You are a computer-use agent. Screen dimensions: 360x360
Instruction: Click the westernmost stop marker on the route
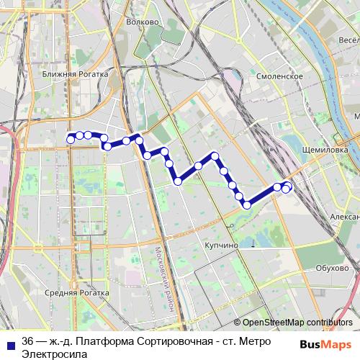click(71, 138)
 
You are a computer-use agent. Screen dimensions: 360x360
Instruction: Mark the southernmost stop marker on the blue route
click(247, 205)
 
